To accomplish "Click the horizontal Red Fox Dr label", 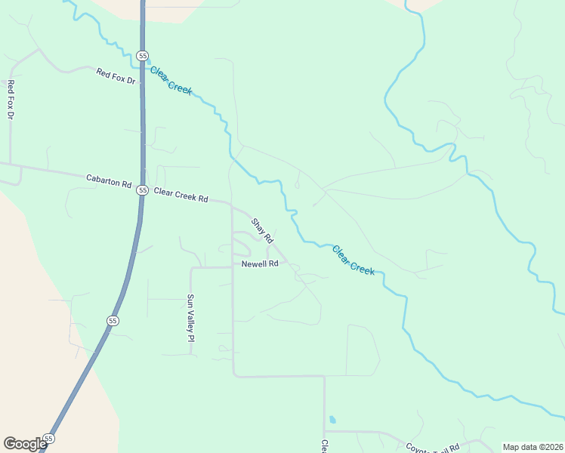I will pos(116,75).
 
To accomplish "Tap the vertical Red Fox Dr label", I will pos(11,100).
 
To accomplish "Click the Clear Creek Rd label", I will pos(181,196).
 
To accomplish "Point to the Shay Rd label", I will pos(261,231).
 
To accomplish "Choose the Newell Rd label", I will pos(261,264).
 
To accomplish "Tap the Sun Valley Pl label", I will pos(191,318).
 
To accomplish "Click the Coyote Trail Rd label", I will pos(433,448).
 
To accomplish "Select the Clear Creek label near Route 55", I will pos(171,81).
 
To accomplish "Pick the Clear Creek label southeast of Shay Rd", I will pos(353,260).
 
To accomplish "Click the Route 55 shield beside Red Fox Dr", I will pos(142,55).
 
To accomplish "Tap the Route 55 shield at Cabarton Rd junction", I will pos(142,190).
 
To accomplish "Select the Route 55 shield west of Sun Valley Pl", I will pos(113,321).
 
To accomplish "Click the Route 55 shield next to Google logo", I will pos(49,439).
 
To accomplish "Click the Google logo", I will pos(25,443).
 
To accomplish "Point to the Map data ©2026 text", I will pos(533,446).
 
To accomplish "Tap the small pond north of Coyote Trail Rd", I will pos(332,420).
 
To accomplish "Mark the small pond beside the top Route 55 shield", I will pos(148,62).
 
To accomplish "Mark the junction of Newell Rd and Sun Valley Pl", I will pos(192,268).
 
